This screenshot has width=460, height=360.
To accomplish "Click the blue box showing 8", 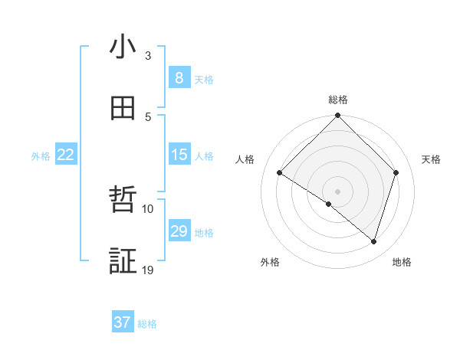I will (179, 78).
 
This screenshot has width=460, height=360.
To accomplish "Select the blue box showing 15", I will (179, 155).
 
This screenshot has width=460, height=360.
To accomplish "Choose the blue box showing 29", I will (179, 231).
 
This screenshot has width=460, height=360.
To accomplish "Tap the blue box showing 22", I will (66, 155).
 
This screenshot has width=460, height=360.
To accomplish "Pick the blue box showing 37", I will (123, 322).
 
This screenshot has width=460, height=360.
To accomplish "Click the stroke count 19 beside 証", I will (148, 270).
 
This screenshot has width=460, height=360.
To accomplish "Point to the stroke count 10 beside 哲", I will (148, 208).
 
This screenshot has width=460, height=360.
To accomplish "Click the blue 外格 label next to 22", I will (41, 156).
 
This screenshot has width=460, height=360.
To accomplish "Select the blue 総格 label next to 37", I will (147, 324).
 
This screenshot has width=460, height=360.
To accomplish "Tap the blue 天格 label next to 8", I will (204, 80).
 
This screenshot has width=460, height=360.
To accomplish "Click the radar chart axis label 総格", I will (338, 100).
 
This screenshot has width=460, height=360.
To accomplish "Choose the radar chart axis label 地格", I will (402, 263).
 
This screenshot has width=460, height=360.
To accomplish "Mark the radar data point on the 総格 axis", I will (337, 116).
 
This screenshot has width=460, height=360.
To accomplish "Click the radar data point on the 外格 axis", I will (329, 204).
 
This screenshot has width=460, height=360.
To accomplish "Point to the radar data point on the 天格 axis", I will (396, 172).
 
